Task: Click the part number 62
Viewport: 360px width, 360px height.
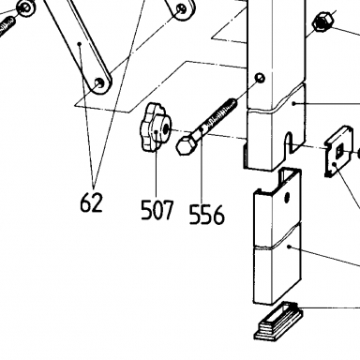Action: [91, 202]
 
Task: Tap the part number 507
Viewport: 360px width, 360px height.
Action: [157, 210]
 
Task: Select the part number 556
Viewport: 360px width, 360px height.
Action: [207, 215]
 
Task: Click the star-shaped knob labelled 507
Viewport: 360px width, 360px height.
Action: [156, 127]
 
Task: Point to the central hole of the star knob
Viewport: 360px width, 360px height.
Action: [166, 127]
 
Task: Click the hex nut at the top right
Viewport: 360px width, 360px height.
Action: [323, 22]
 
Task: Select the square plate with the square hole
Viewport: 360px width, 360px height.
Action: [339, 152]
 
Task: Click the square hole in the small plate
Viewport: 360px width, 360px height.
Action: [339, 152]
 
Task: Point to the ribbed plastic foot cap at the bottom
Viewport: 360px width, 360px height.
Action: [278, 321]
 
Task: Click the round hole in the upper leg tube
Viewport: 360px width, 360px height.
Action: [260, 78]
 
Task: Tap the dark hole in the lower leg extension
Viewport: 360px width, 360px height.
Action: [287, 197]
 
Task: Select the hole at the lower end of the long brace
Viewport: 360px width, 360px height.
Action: [99, 82]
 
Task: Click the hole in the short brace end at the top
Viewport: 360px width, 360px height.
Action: [182, 9]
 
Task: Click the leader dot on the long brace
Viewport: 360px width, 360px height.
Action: [80, 44]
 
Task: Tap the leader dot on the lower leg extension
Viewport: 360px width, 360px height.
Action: [290, 247]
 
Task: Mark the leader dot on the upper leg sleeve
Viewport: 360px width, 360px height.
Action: [293, 103]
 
